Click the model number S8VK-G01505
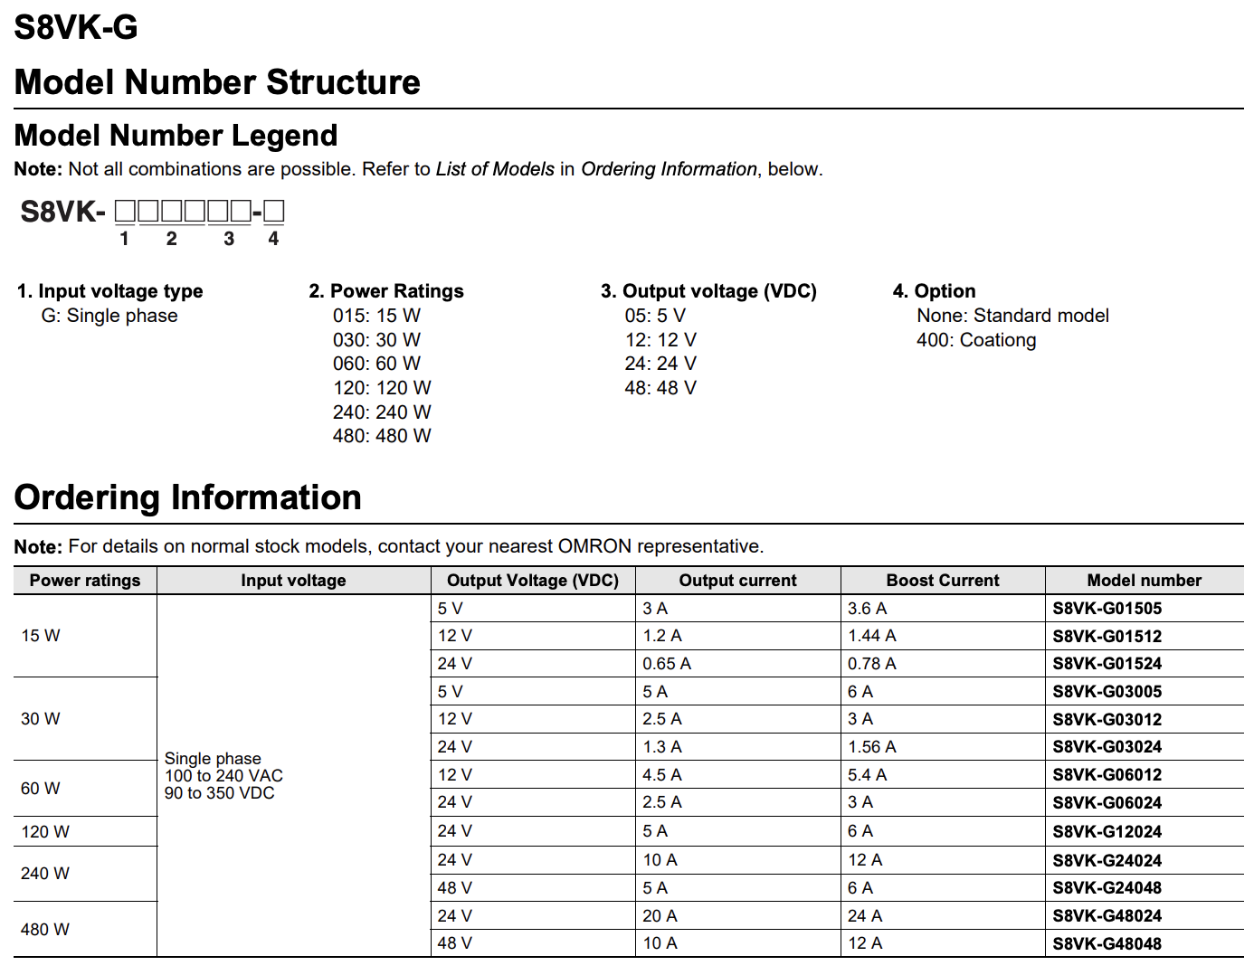pyautogui.click(x=1107, y=609)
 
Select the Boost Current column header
pyautogui.click(x=943, y=581)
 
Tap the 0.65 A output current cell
pyautogui.click(x=667, y=664)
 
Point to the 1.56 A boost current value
pyautogui.click(x=871, y=747)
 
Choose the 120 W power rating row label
pyautogui.click(x=45, y=832)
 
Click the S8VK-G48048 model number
pyautogui.click(x=1107, y=943)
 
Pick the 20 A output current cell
pyautogui.click(x=660, y=916)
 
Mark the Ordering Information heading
pyautogui.click(x=188, y=497)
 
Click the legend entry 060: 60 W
pyautogui.click(x=376, y=364)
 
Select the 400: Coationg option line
pyautogui.click(x=976, y=340)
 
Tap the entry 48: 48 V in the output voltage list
pyautogui.click(x=660, y=388)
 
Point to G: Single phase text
pyautogui.click(x=109, y=316)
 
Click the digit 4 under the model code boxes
pyautogui.click(x=273, y=239)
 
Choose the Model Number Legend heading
pyautogui.click(x=176, y=136)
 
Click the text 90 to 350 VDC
pyautogui.click(x=219, y=793)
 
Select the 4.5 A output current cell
pyautogui.click(x=662, y=775)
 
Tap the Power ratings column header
pyautogui.click(x=85, y=581)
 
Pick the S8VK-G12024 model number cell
pyautogui.click(x=1107, y=832)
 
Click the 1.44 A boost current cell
pyautogui.click(x=871, y=636)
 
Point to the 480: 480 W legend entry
pyautogui.click(x=382, y=436)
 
